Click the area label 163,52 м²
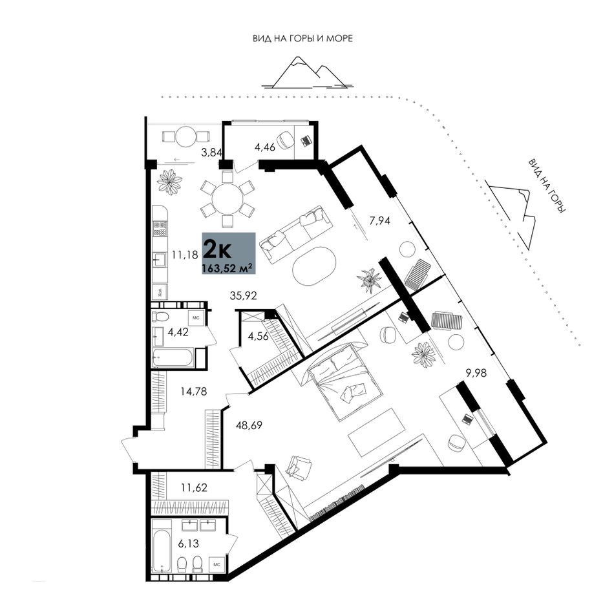(x=226, y=268)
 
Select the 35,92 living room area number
(x=243, y=295)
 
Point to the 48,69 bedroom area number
(x=249, y=425)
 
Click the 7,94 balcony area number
(x=380, y=221)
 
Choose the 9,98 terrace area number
(x=476, y=373)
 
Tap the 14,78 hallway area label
(x=193, y=391)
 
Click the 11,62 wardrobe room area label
(x=194, y=488)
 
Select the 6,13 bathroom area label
(x=189, y=543)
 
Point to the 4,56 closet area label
(x=259, y=336)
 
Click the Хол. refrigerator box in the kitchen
(x=160, y=291)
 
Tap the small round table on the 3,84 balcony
(x=185, y=136)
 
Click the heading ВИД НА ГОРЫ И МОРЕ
(x=302, y=38)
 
